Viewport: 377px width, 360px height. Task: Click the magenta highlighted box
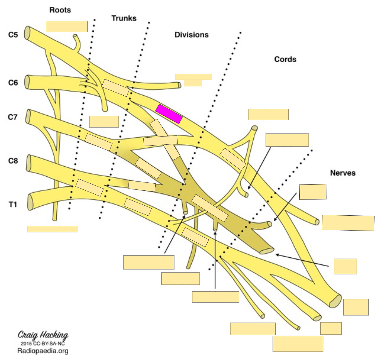point(169,114)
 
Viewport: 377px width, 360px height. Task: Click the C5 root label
point(13,35)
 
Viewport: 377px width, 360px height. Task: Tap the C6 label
point(13,83)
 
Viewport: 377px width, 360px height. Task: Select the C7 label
point(13,117)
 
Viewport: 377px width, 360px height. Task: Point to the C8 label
point(13,161)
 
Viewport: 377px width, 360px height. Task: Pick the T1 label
point(13,204)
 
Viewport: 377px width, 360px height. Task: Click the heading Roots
point(60,10)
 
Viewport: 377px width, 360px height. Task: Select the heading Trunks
point(124,18)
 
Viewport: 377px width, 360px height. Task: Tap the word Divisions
point(191,35)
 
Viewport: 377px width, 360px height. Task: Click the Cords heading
point(285,59)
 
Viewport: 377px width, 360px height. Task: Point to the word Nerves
point(343,173)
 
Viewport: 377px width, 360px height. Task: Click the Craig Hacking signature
point(43,335)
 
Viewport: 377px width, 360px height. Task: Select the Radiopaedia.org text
point(43,351)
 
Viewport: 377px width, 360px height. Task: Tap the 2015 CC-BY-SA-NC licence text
point(43,343)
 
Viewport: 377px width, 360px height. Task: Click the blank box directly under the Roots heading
point(67,26)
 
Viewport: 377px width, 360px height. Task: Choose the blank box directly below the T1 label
point(52,229)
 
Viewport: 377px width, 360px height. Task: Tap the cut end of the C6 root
point(27,82)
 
